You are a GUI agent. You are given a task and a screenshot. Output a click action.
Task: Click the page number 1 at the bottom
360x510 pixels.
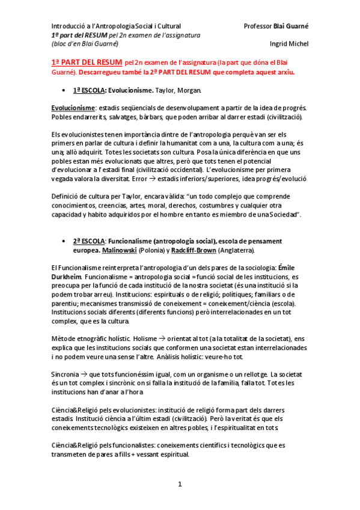(180, 484)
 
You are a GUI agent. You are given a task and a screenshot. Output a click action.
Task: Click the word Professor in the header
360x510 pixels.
(258, 26)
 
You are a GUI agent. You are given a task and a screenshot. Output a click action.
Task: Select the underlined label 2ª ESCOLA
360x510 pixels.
(90, 241)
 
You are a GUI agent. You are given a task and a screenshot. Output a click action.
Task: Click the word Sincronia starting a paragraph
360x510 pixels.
(66, 375)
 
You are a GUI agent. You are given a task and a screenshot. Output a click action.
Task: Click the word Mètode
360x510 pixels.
(64, 339)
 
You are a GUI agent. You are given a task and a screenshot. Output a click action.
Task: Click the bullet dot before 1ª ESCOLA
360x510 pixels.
(64, 91)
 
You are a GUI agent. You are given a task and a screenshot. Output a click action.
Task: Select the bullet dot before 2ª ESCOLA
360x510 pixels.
(64, 241)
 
